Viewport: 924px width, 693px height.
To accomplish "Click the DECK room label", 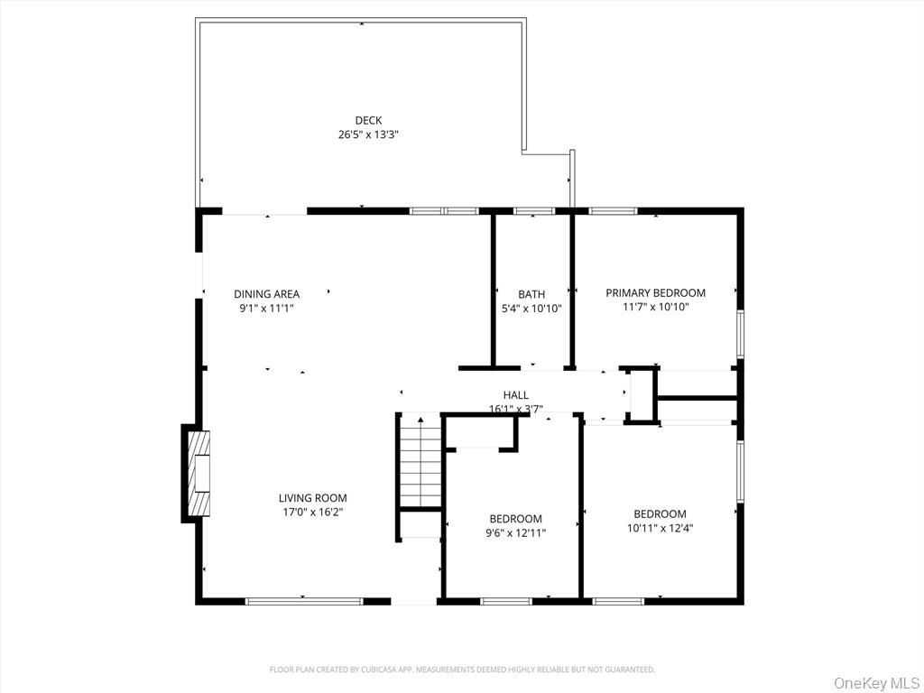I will point(368,120).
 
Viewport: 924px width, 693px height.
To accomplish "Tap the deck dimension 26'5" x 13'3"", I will point(368,134).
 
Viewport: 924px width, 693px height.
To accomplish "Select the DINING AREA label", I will point(266,293).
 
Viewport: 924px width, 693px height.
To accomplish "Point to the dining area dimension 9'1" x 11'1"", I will point(266,308).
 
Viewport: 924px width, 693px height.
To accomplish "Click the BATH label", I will point(531,294).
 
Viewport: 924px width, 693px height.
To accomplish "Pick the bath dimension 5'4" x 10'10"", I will point(531,309).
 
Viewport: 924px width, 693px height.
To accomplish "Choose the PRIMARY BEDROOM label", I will point(655,292).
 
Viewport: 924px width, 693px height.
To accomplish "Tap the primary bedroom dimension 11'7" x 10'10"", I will point(655,307).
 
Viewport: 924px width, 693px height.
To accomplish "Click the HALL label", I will point(516,395).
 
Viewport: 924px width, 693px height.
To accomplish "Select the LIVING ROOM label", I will point(312,498).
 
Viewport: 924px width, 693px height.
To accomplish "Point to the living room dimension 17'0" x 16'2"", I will point(312,512).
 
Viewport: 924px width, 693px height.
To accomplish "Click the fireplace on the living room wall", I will point(198,473).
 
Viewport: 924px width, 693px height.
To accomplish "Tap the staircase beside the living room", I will point(420,461).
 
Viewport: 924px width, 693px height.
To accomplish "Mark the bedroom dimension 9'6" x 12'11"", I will point(515,532).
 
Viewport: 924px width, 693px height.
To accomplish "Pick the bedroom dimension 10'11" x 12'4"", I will point(660,528).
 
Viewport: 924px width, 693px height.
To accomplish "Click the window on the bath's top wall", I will point(533,211).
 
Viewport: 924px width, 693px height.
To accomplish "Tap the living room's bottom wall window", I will point(304,600).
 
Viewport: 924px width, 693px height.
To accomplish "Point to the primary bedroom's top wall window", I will point(613,211).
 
